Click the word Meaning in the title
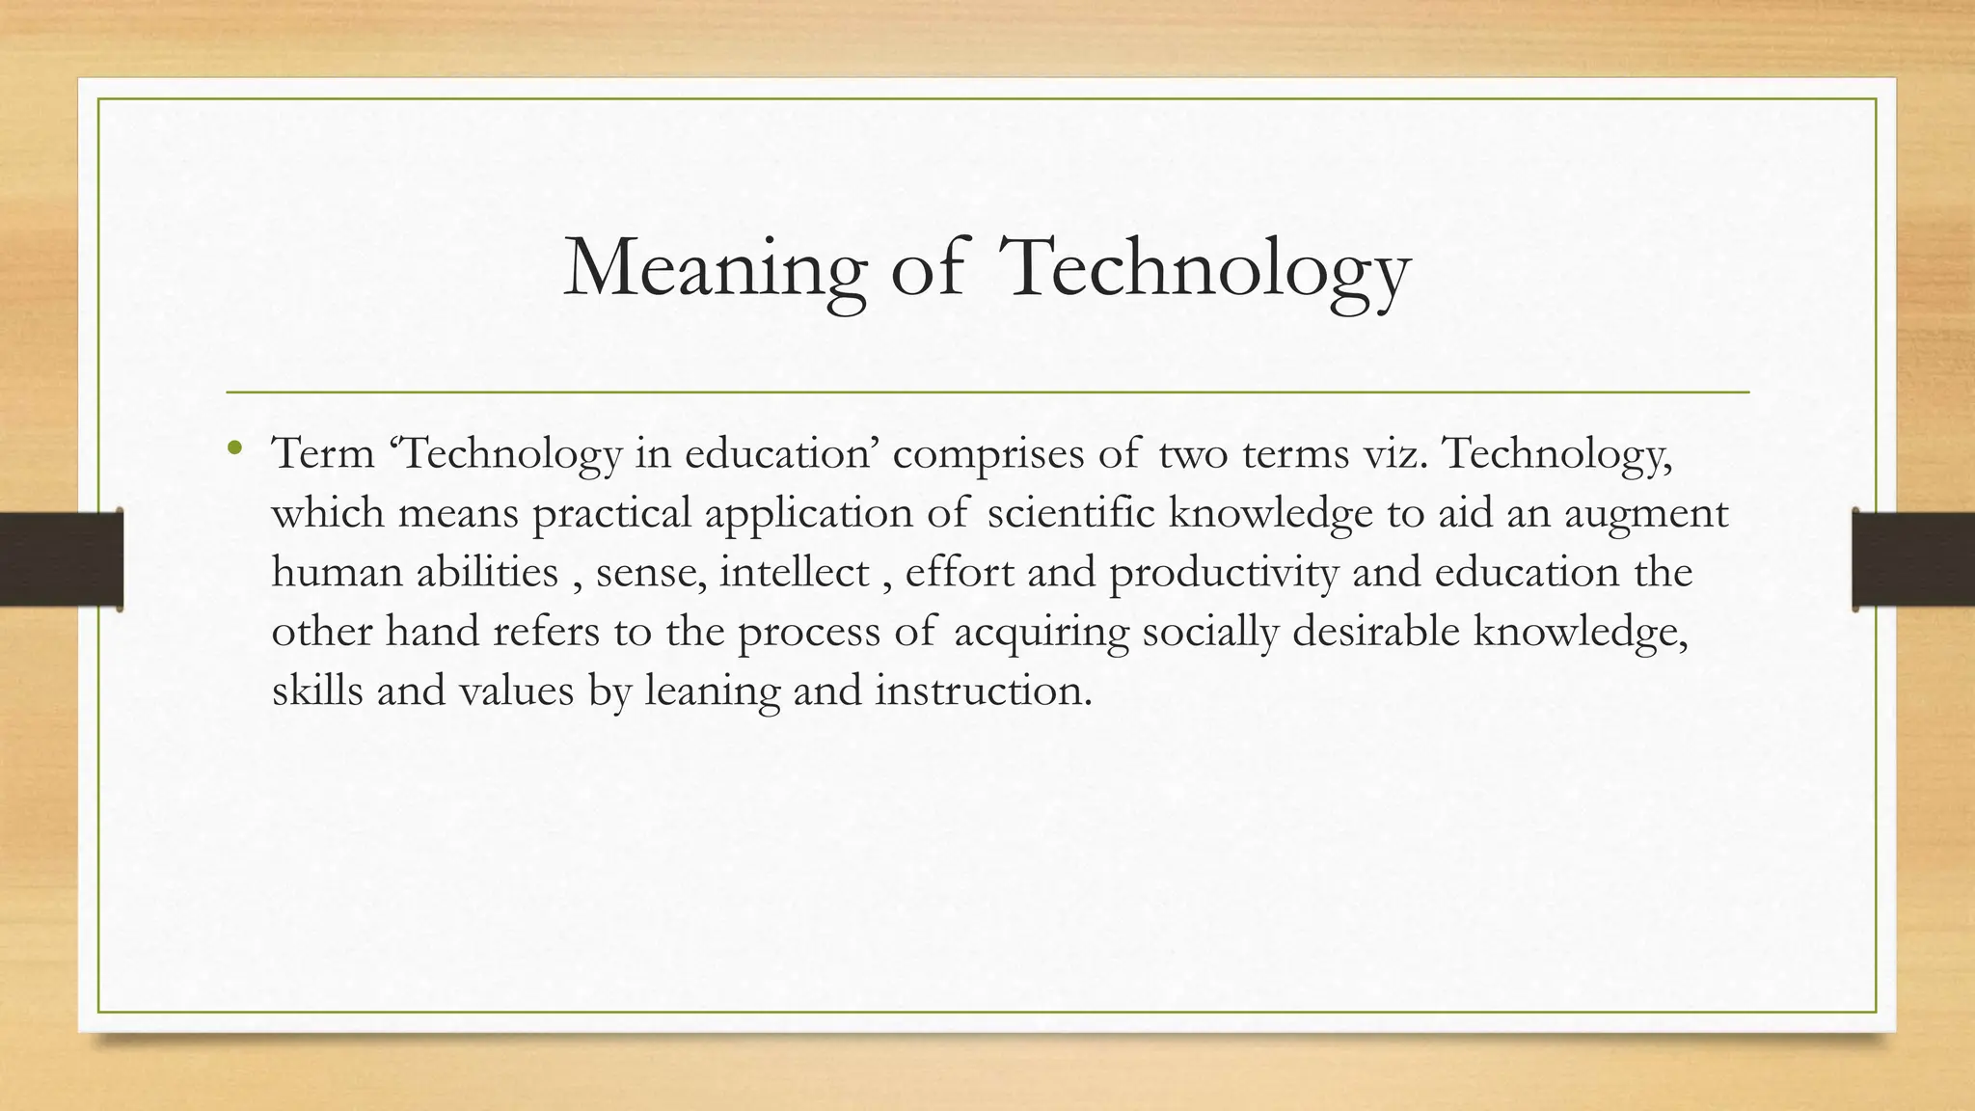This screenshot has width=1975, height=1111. click(715, 269)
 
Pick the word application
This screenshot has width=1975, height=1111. click(808, 513)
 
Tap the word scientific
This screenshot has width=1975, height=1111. click(1070, 512)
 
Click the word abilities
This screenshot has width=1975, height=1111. click(487, 572)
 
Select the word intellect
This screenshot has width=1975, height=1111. click(794, 572)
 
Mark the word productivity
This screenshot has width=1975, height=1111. click(1224, 573)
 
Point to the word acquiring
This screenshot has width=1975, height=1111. click(1041, 633)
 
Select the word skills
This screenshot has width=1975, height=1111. click(317, 691)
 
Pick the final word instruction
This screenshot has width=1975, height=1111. click(984, 691)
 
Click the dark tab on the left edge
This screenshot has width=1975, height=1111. click(61, 559)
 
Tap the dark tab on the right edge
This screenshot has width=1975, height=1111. click(1913, 559)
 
